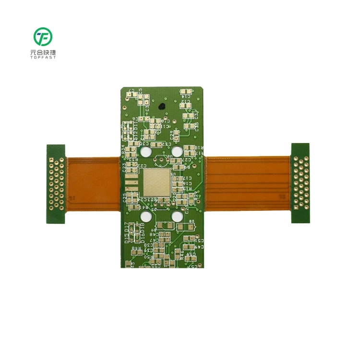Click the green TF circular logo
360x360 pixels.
(x=43, y=37)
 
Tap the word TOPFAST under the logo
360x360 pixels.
(x=43, y=58)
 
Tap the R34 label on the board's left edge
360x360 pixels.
(x=123, y=149)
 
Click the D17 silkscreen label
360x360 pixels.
(x=127, y=227)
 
